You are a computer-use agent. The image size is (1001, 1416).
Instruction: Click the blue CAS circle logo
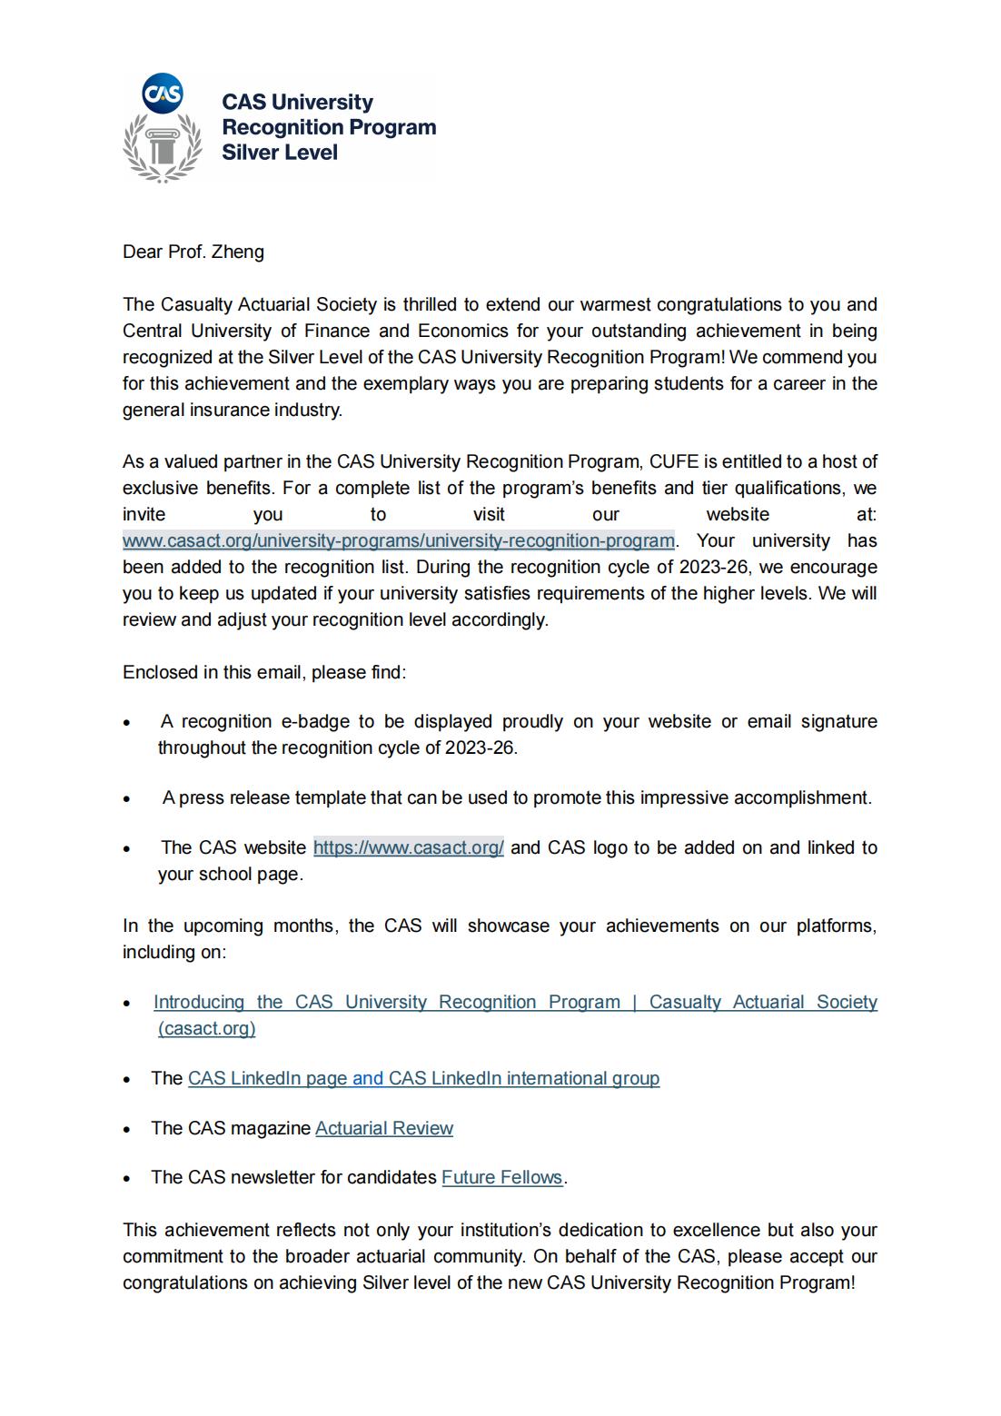(x=164, y=94)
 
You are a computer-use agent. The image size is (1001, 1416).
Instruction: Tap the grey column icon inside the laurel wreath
(x=163, y=146)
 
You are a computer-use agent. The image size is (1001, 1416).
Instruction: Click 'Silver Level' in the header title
(x=280, y=153)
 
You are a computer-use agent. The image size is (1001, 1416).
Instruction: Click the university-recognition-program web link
(x=399, y=541)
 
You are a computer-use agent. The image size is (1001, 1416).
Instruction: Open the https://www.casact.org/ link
(x=408, y=848)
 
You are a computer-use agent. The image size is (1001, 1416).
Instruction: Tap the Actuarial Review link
(x=383, y=1129)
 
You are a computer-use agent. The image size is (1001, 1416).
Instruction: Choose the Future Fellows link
(x=501, y=1178)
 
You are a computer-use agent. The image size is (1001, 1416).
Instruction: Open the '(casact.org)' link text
(x=206, y=1029)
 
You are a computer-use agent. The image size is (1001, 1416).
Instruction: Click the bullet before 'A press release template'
(x=128, y=800)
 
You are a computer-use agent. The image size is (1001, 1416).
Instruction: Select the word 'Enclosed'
(x=159, y=673)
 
